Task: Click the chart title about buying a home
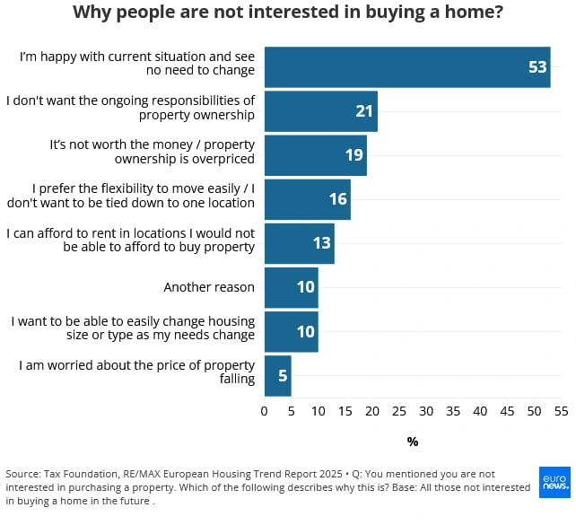287,13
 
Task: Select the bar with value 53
406,67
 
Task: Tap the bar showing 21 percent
320,111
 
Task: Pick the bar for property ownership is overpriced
315,155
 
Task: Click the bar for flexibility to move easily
307,199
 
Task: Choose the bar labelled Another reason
291,287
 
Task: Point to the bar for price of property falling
277,375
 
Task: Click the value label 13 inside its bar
322,243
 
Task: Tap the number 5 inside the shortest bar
283,376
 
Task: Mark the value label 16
337,199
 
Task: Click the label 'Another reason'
209,287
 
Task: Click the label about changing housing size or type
132,328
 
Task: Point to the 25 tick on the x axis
398,411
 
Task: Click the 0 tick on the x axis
264,411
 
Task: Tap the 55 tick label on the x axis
561,411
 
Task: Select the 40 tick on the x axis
480,411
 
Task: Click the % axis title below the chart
413,442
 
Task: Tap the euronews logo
554,483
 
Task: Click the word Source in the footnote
22,474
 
